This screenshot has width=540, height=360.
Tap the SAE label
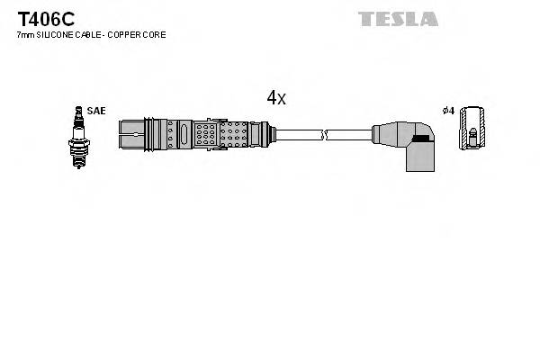click(97, 111)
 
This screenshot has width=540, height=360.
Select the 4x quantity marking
click(275, 98)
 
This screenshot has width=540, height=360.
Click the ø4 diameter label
click(447, 111)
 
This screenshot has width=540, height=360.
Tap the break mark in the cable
click(327, 135)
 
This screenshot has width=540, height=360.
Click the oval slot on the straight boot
click(184, 135)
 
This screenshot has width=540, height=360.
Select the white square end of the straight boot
click(130, 135)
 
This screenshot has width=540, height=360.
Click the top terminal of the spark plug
click(78, 110)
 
